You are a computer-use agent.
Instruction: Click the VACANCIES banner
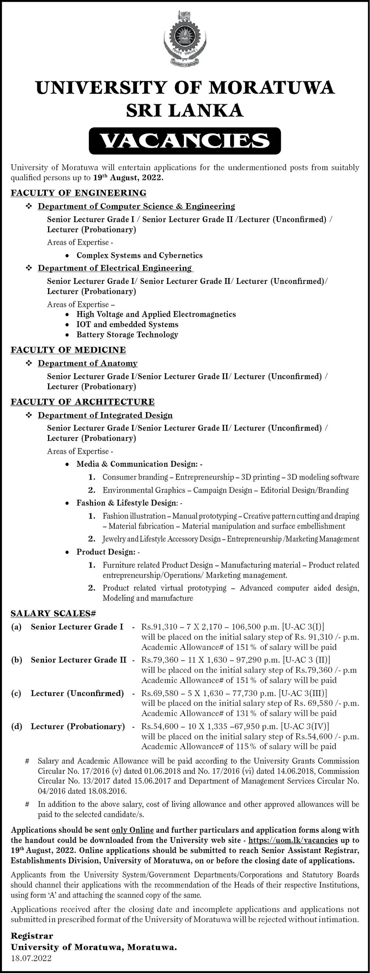185,141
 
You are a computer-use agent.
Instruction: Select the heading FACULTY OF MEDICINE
68,350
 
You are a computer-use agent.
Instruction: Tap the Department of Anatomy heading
87,363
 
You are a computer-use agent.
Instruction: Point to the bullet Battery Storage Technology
127,335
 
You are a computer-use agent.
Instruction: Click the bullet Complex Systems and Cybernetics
139,255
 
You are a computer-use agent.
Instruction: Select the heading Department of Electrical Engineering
115,268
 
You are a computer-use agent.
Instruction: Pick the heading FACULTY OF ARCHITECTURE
83,402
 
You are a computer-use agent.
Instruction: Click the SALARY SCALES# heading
53,614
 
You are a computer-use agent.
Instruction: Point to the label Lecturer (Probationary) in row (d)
78,726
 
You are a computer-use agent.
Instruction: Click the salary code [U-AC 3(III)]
303,693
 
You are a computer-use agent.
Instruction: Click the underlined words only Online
132,830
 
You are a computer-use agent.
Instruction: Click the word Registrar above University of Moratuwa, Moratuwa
32,936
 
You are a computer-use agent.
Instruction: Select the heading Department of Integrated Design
105,415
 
